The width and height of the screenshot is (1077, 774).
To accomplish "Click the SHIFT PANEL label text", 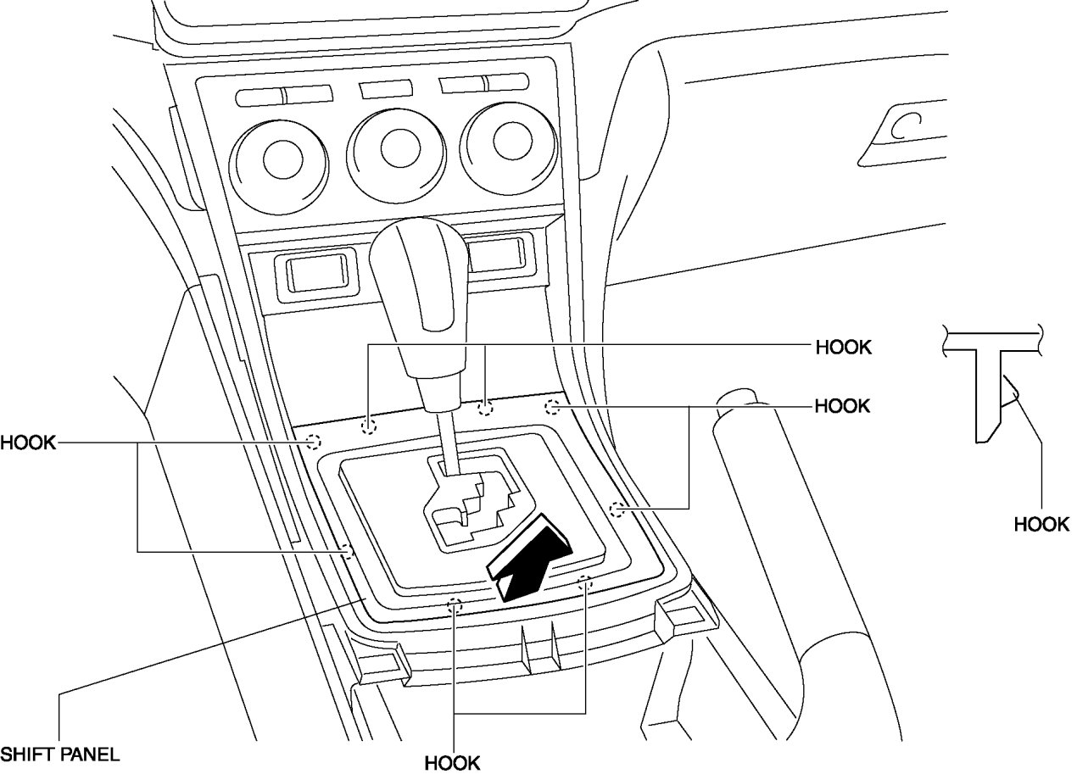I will tap(59, 753).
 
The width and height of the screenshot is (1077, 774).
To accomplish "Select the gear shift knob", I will tap(420, 288).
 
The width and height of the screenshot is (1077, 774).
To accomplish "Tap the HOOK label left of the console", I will tap(28, 442).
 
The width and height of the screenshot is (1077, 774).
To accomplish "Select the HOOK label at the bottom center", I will tap(452, 761).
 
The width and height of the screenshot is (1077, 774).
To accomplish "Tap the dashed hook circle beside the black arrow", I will tap(583, 582).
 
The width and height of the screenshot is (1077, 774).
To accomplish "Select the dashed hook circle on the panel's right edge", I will tap(618, 509).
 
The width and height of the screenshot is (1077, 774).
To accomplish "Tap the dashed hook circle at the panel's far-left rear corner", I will tap(313, 441).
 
